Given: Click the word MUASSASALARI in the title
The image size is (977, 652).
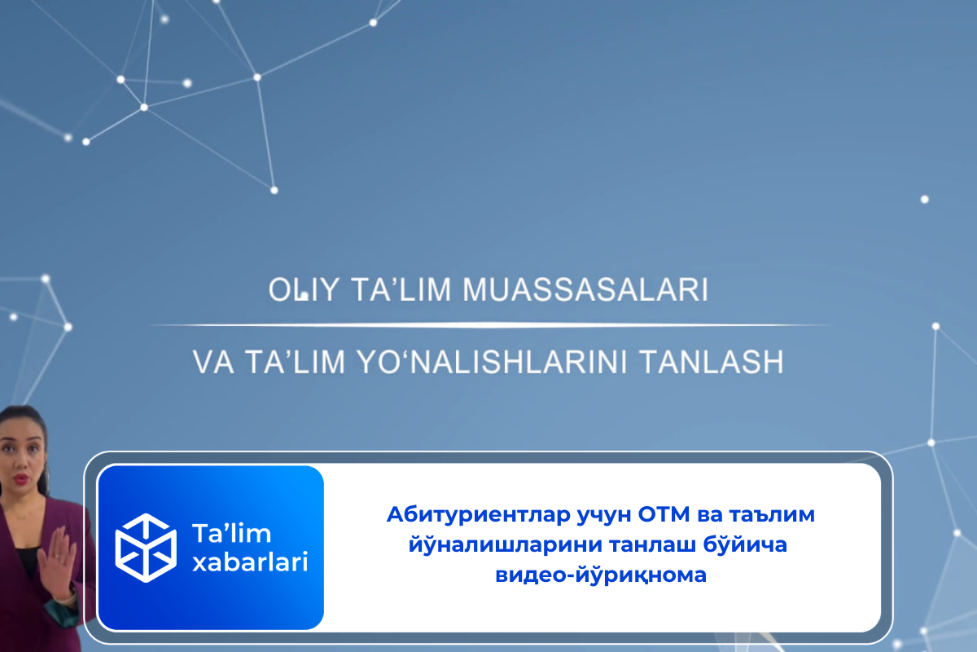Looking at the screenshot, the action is tap(585, 290).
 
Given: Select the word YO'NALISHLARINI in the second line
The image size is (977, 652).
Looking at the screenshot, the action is tap(492, 362).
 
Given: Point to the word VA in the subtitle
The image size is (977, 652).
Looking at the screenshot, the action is tap(212, 362).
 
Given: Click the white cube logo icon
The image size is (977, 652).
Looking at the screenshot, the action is tap(146, 548).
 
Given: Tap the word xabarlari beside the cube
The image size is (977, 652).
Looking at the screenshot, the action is tap(251, 562).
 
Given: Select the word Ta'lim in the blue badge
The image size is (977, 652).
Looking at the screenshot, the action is tap(231, 533).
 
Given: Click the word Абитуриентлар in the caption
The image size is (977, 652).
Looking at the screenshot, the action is tap(479, 514).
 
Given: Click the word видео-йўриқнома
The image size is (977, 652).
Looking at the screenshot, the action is tap(601, 575).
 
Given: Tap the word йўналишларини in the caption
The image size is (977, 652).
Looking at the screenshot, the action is tap(505, 544).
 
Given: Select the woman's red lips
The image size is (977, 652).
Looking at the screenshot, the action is tap(20, 479).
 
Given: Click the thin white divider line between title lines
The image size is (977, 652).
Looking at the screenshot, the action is tap(488, 325).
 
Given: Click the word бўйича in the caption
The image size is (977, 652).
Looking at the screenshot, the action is tap(745, 544).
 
